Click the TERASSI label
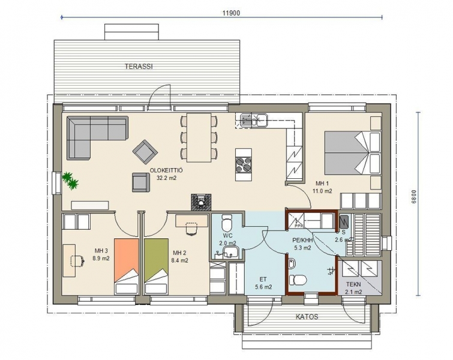click(139, 67)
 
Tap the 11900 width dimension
click(231, 13)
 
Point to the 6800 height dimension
click(413, 197)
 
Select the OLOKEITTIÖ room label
click(166, 170)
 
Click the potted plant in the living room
click(70, 180)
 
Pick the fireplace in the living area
click(201, 202)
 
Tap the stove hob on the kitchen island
click(243, 164)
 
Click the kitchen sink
click(251, 120)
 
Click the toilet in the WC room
click(226, 222)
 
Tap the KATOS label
click(307, 317)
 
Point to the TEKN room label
click(353, 284)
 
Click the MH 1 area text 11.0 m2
click(322, 191)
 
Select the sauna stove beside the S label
click(344, 222)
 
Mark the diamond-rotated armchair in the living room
click(145, 152)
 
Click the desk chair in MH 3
click(78, 260)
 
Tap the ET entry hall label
click(263, 280)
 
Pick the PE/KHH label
click(302, 240)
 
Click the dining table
click(199, 137)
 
